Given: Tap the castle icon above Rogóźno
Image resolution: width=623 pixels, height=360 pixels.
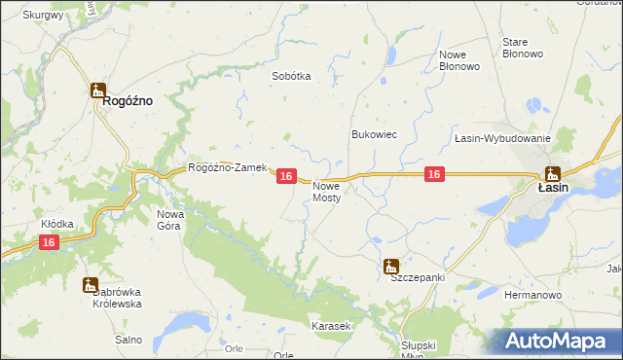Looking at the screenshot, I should coord(97,91).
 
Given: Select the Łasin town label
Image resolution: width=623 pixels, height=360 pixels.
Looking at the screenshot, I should coord(553,189).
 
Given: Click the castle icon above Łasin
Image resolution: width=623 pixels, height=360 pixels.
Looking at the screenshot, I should coord(553,174).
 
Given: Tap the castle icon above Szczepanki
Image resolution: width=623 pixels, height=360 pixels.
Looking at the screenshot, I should coord(391,265).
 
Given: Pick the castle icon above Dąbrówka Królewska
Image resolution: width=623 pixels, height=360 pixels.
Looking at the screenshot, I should coord(91,285).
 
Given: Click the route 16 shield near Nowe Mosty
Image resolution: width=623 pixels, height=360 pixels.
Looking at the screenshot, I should coord(285,176).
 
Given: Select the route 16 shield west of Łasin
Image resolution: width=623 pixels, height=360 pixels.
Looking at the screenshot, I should coord(435,174).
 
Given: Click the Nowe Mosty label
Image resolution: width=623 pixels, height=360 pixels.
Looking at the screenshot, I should coord(327,192).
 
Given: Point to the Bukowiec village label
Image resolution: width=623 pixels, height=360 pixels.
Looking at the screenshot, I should coord(374,134).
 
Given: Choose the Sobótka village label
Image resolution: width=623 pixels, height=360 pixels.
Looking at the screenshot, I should coord(291,76).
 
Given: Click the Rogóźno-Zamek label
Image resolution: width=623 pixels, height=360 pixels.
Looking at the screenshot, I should coord(227,167).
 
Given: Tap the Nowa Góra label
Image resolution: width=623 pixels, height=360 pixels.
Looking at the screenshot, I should coord(170,219).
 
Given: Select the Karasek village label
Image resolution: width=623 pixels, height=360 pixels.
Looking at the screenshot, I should coord(330,326).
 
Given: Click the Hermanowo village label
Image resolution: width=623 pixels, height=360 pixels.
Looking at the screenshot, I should coord(532,293).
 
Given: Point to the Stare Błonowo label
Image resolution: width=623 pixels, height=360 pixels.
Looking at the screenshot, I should coord(522,49).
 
